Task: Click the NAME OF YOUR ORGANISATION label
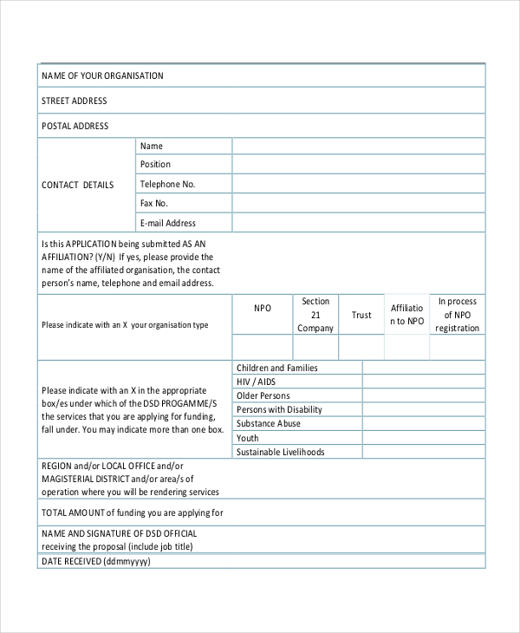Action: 102,76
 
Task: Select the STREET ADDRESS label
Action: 75,101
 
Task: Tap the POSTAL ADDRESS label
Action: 75,127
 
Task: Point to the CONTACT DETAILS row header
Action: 78,185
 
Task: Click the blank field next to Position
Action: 358,165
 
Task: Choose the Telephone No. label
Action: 168,185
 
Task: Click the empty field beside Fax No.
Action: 358,204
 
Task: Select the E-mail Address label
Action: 168,224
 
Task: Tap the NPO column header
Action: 263,309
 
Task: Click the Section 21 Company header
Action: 315,315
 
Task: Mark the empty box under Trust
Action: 361,347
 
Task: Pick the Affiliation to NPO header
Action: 406,315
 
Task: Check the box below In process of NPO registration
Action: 458,347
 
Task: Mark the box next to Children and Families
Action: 424,369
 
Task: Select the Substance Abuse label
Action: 269,424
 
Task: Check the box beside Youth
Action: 424,438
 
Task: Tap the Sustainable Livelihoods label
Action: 280,453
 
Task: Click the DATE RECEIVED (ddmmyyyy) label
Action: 96,562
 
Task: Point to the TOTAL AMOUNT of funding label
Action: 133,512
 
